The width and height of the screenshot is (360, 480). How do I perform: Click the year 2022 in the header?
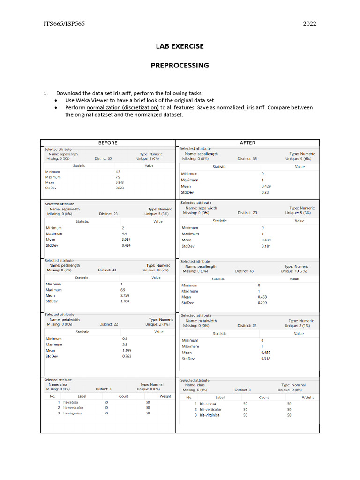(309, 24)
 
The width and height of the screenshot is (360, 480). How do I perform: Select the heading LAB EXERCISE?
(180, 46)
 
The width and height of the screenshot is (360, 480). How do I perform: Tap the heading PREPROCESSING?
(180, 66)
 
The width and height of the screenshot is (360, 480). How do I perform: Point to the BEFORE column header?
(107, 142)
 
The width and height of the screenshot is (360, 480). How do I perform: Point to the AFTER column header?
(247, 142)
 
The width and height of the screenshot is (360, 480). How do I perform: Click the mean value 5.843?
(120, 182)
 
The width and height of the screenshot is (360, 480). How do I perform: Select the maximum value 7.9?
(118, 177)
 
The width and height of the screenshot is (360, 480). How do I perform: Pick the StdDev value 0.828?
(120, 188)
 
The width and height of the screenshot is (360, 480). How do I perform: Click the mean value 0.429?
(265, 186)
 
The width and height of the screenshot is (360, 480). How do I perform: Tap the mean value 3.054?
(126, 240)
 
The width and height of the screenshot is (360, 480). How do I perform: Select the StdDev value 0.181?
(266, 246)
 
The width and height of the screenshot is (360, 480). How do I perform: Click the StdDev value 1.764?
(125, 301)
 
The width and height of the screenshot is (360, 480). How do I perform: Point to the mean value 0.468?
(262, 297)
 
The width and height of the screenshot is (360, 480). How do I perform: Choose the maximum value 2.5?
(125, 345)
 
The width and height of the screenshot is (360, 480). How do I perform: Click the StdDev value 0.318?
(266, 359)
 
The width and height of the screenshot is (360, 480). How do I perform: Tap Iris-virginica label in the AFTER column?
(210, 415)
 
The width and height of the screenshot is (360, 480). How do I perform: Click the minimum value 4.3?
(118, 172)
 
